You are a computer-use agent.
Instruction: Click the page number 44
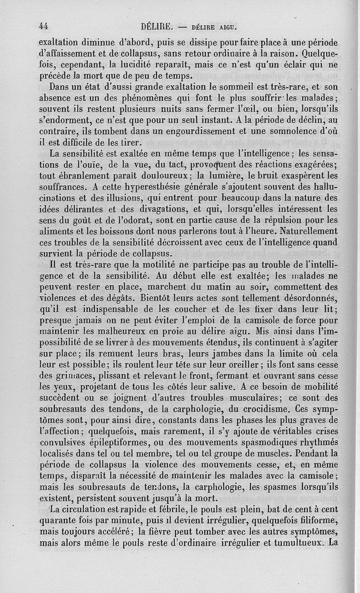tap(44, 26)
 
